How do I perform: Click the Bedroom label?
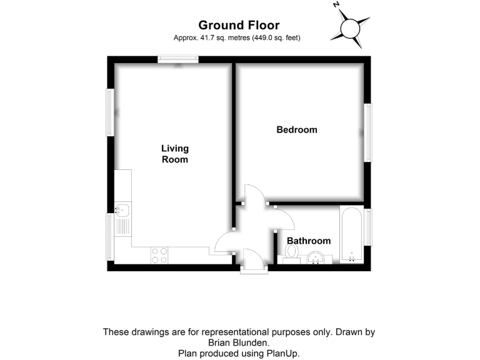tap(297, 130)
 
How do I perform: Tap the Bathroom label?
tap(308, 241)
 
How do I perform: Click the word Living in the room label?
tap(174, 149)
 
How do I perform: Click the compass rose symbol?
tap(351, 27)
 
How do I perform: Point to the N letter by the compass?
tap(336, 5)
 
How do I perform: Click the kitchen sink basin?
tap(121, 209)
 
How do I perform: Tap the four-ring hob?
tap(159, 255)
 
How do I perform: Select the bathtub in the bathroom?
tap(352, 234)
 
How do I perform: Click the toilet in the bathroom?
tap(291, 252)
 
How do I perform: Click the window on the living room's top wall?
tap(178, 59)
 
